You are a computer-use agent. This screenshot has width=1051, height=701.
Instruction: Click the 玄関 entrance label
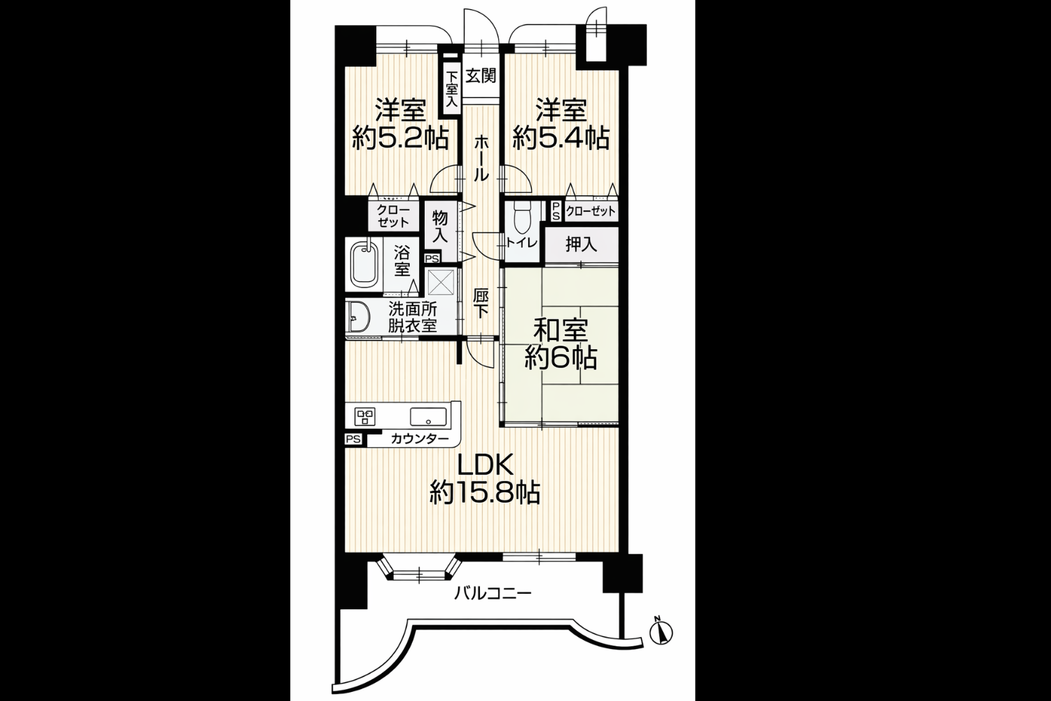click(x=481, y=75)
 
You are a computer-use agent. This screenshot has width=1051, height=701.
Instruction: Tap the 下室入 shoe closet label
click(x=451, y=90)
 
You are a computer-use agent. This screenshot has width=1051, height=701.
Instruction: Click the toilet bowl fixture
click(x=521, y=219)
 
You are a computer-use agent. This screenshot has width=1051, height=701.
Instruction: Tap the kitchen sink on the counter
click(x=428, y=416)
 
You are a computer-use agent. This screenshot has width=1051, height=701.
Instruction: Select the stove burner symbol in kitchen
click(x=365, y=416)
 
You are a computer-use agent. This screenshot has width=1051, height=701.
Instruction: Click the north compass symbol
click(x=661, y=632)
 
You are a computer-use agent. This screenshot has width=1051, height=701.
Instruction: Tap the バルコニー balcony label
click(x=492, y=594)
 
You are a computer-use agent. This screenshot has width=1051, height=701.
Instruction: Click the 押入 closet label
click(x=581, y=244)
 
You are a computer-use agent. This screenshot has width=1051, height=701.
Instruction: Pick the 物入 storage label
click(x=440, y=226)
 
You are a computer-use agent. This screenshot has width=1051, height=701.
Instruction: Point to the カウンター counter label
click(x=420, y=439)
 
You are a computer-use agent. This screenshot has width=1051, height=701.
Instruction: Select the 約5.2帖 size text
click(x=400, y=138)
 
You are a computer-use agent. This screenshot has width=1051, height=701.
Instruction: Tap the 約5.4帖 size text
click(x=561, y=138)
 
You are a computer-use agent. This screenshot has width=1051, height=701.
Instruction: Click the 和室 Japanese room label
click(x=561, y=331)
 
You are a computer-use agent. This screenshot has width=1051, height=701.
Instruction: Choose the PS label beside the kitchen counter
click(x=353, y=439)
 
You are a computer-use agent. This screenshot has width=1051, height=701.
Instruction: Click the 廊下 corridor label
click(x=480, y=304)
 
